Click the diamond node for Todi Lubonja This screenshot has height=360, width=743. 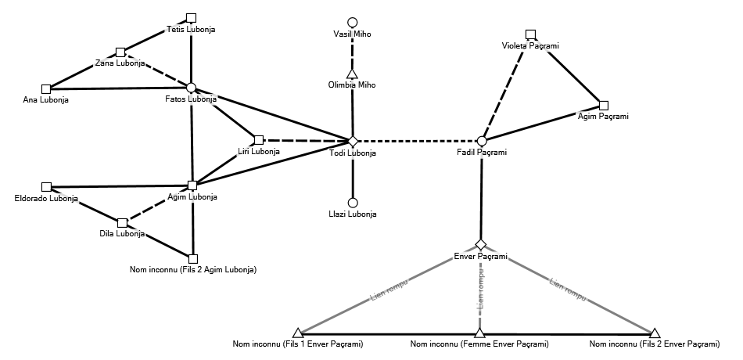tap(353, 141)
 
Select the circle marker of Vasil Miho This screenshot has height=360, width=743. tap(353, 22)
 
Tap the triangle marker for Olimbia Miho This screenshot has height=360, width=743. tap(352, 74)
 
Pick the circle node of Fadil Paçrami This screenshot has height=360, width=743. tap(482, 141)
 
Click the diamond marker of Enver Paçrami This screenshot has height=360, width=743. tap(481, 245)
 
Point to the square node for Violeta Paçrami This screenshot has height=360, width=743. tap(530, 34)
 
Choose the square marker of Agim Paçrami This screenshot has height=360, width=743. tap(603, 105)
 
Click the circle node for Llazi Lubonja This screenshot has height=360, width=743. tap(353, 202)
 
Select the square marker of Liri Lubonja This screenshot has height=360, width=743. tap(259, 139)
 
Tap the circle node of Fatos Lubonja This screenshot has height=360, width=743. tap(191, 88)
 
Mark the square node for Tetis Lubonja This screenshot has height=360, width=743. tap(192, 17)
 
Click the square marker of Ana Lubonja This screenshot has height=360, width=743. tap(45, 88)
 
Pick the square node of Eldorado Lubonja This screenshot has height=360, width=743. tap(46, 187)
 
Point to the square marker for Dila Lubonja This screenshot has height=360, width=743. tap(122, 222)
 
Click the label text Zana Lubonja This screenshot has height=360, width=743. tap(120, 63)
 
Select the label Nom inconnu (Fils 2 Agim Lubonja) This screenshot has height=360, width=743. tap(193, 270)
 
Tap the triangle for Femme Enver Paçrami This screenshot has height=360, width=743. tap(479, 333)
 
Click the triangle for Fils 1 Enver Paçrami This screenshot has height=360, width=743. tap(297, 333)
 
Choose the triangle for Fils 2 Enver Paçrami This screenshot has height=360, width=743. tap(655, 333)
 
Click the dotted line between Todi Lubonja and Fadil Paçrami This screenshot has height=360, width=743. tap(417, 141)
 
